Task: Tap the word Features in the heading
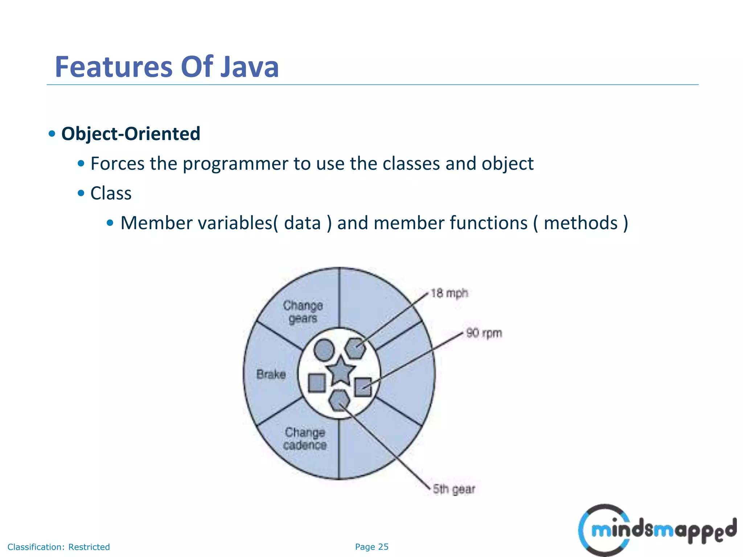coord(114,67)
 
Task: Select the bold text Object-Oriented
coord(131,133)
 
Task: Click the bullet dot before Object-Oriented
coord(52,134)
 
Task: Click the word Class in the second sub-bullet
coord(111,193)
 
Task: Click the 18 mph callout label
coord(449,293)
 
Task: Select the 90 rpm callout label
coord(484,333)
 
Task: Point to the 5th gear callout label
coord(454,489)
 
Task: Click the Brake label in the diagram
coord(271,374)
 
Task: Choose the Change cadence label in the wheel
coord(305,439)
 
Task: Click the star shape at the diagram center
coord(340,371)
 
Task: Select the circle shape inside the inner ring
coord(324,350)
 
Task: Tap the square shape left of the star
coord(317,383)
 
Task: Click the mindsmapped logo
coord(657,530)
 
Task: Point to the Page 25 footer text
coord(371,547)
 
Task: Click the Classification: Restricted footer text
coord(58,547)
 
